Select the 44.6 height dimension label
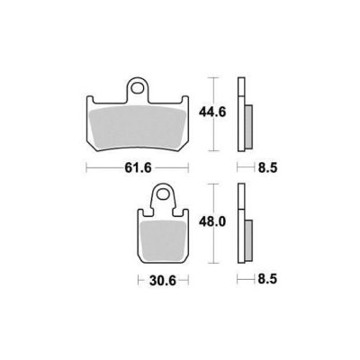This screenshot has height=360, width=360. point(212,112)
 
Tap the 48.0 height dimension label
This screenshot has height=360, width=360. point(212,222)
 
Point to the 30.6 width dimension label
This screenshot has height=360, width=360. point(162,281)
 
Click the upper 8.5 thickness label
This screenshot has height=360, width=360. point(267,168)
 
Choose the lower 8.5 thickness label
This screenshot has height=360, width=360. point(267,280)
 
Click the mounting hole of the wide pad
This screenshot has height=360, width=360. point(139,88)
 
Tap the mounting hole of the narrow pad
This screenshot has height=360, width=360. point(163,194)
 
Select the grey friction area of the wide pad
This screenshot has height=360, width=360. point(138,129)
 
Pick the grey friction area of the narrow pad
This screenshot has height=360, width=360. point(164,241)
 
